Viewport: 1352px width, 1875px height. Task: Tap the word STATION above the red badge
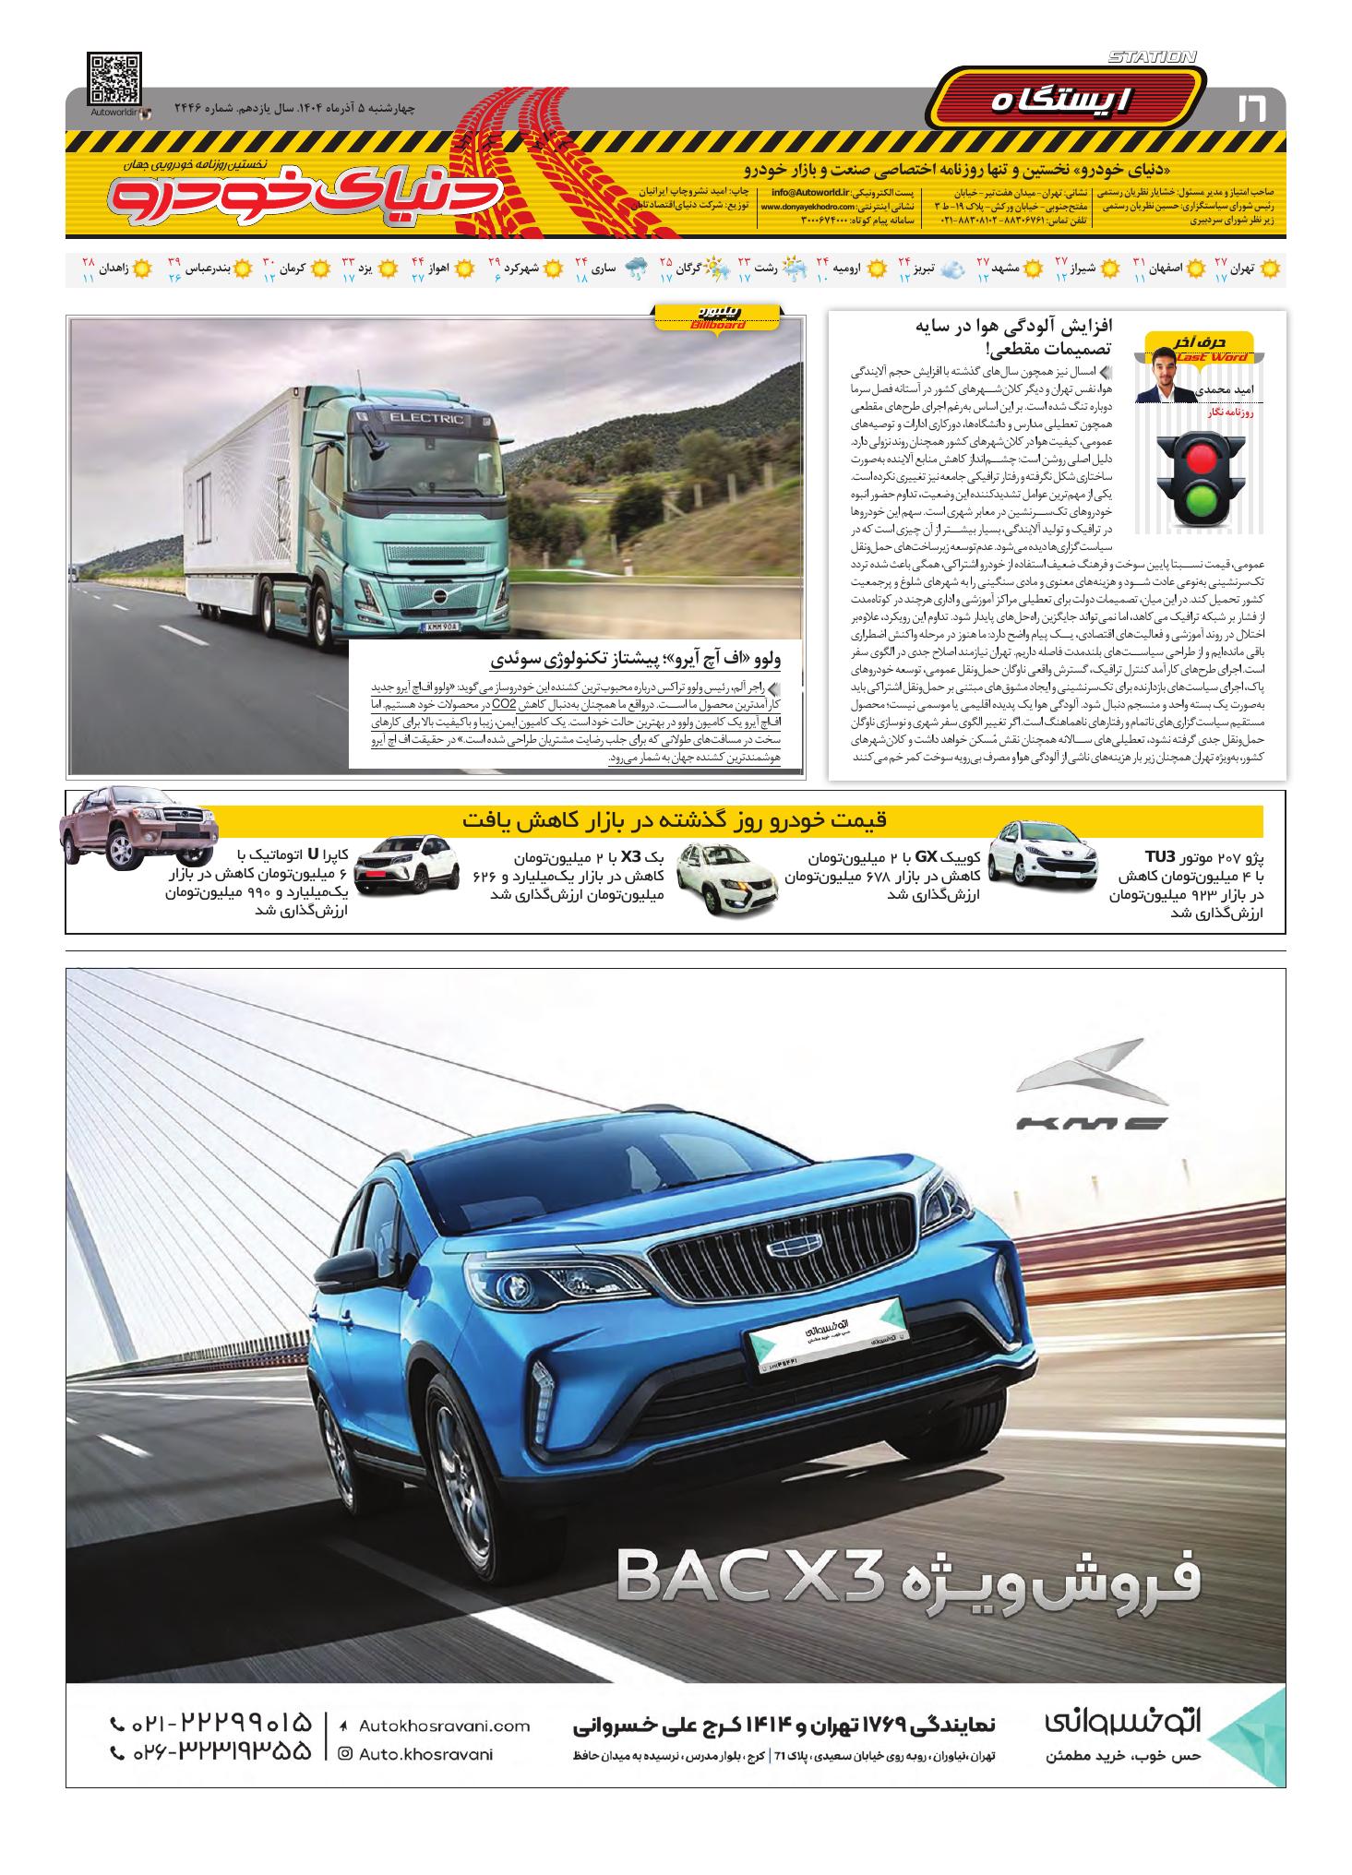pyautogui.click(x=1152, y=57)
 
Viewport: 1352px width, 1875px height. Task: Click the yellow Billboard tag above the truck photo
pyautogui.click(x=717, y=318)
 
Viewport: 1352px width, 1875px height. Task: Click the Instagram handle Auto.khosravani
pyautogui.click(x=425, y=1753)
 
